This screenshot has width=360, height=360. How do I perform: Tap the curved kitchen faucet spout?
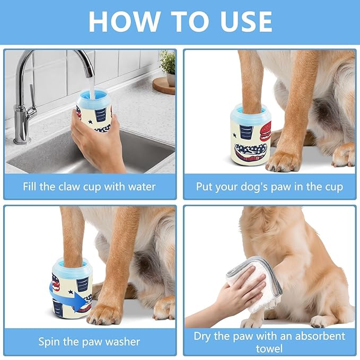80,58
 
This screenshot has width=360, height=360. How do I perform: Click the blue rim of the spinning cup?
72,264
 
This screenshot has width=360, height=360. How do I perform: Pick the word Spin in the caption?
49,341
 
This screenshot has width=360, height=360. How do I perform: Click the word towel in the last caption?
270,349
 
